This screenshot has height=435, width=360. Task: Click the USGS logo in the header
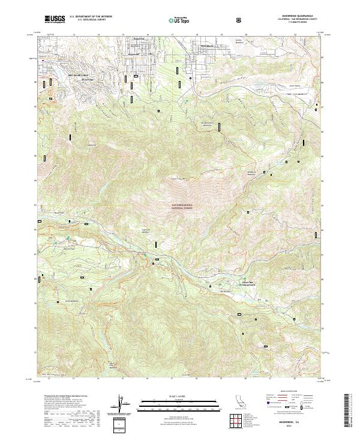pos(55,19)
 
